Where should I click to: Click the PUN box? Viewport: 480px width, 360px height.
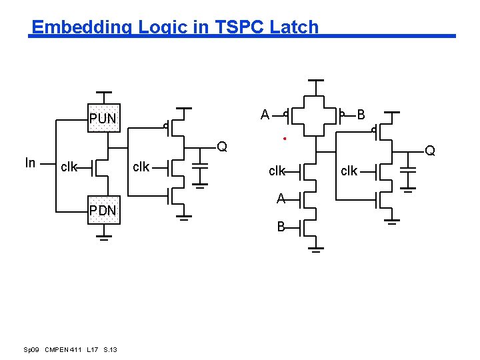click(x=104, y=119)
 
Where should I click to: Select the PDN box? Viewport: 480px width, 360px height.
click(x=104, y=211)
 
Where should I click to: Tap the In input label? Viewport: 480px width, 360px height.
click(x=30, y=163)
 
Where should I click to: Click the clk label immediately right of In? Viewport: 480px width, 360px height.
click(x=69, y=167)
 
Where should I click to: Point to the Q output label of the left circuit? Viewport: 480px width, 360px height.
click(x=222, y=147)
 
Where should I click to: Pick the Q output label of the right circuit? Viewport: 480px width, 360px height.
click(x=430, y=151)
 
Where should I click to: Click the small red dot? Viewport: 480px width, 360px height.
click(x=285, y=139)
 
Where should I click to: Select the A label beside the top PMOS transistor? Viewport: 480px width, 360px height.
click(x=265, y=115)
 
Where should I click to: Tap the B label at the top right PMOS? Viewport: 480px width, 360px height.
click(x=361, y=115)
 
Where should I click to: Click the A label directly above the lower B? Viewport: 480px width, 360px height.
click(x=281, y=198)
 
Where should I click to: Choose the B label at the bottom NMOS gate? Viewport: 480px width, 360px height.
click(x=281, y=227)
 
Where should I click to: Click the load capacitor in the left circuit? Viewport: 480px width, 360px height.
click(x=200, y=171)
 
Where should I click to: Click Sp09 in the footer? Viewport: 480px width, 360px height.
click(x=31, y=350)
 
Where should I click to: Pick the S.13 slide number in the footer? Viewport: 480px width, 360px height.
click(x=111, y=350)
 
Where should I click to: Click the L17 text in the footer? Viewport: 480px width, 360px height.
click(x=93, y=350)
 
